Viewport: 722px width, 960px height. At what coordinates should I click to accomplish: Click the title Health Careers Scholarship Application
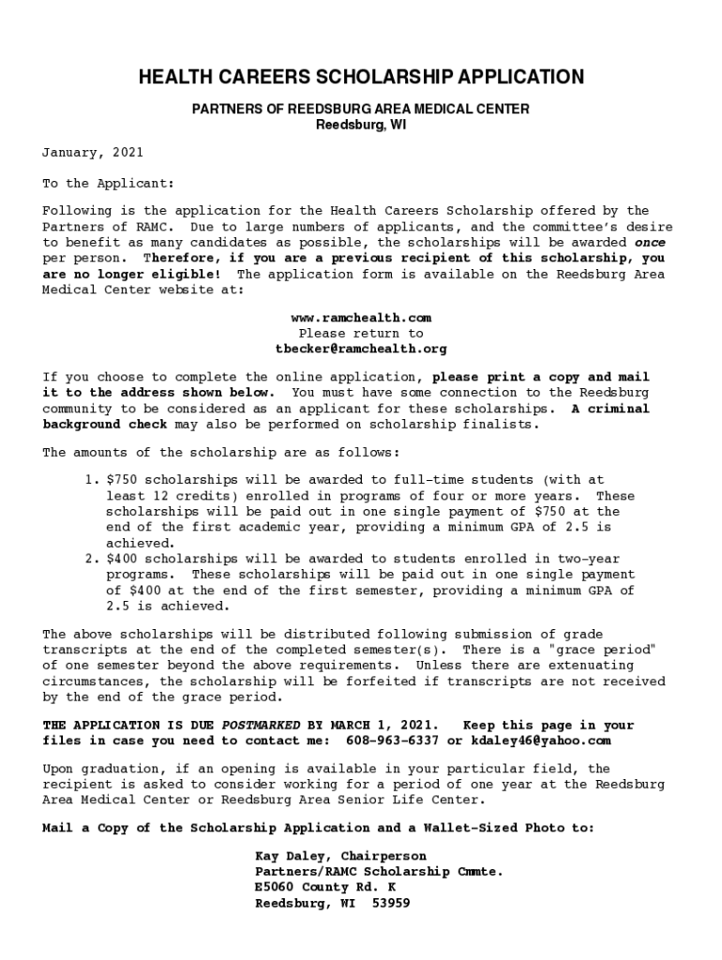point(361,77)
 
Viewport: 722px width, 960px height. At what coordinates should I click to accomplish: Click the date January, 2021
point(93,152)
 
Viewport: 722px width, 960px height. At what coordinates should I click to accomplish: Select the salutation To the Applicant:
point(109,184)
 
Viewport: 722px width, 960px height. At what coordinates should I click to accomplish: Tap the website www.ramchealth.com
point(361,318)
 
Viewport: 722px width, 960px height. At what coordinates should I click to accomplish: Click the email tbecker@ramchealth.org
point(361,349)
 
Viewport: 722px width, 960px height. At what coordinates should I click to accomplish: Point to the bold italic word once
point(650,242)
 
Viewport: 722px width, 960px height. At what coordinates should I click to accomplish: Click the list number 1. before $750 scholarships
point(91,480)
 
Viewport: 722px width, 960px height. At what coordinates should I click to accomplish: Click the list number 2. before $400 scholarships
point(91,559)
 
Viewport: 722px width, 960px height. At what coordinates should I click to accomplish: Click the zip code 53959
point(391,904)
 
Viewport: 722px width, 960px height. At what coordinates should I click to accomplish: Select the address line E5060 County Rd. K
point(325,887)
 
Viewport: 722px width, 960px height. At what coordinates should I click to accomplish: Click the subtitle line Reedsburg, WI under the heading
point(361,125)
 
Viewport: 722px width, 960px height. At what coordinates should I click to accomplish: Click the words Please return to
point(361,333)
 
